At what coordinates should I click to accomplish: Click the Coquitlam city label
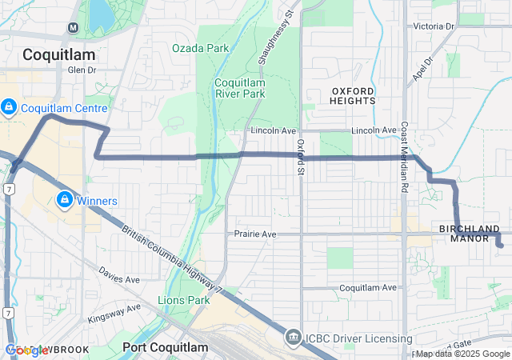[58, 54]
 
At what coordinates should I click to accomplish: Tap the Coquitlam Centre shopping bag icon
[9, 106]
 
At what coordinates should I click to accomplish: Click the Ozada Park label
[200, 48]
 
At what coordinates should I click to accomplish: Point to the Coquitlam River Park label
[239, 87]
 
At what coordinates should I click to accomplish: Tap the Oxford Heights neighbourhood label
[353, 96]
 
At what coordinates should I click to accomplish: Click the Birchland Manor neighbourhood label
[470, 234]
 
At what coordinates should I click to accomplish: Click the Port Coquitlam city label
[166, 347]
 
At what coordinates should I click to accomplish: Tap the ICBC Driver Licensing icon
[294, 338]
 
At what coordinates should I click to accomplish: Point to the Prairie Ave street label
[255, 234]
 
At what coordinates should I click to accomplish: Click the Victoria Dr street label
[434, 26]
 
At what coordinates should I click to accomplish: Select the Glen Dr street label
[82, 70]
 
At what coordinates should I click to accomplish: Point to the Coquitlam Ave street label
[368, 287]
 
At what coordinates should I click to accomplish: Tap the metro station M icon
[73, 27]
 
